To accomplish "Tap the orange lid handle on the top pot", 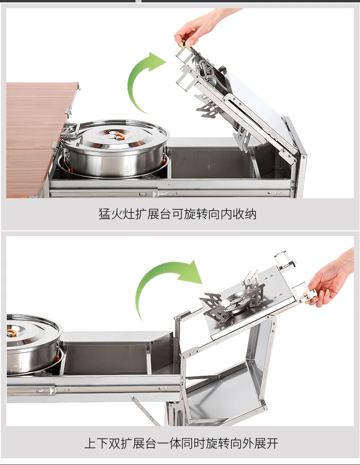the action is tap(120, 136).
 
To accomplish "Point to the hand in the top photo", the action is tap(202, 27).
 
